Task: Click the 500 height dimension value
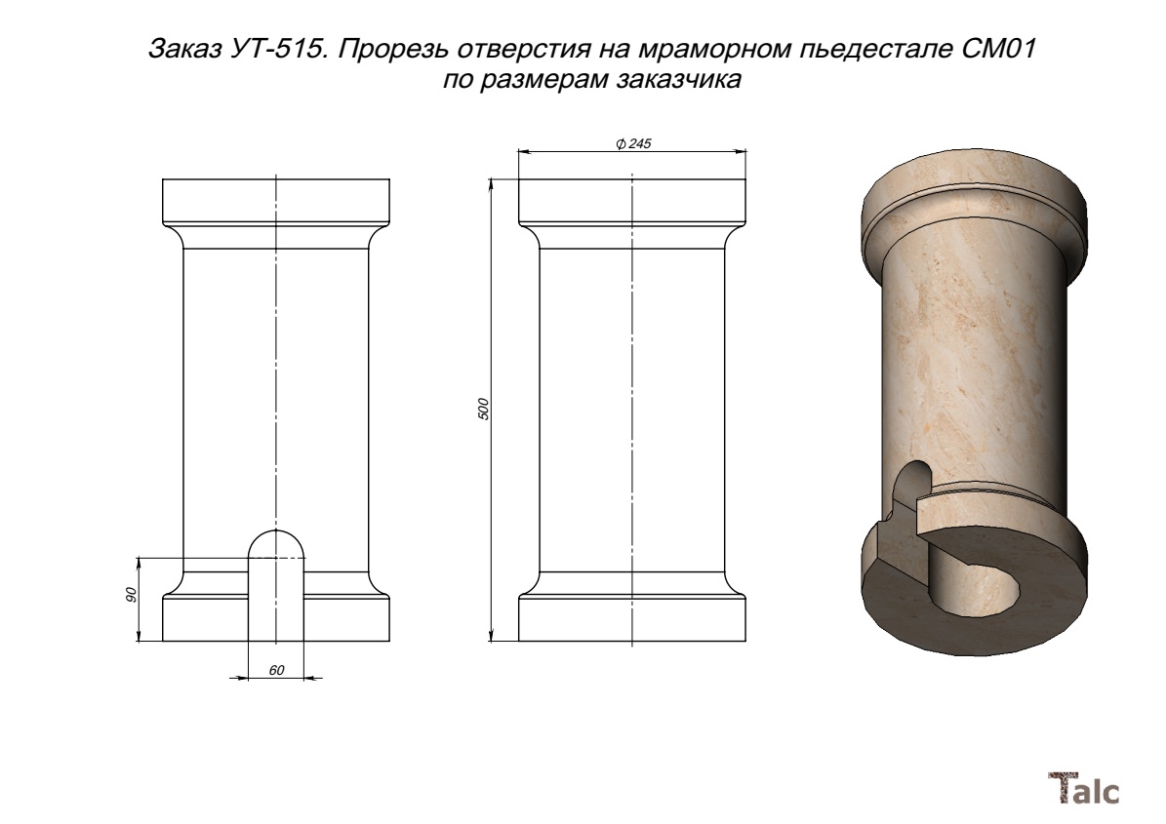pos(483,410)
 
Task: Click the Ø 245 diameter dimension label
pos(633,143)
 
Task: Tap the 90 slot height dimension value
pos(132,595)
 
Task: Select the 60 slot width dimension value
pos(276,670)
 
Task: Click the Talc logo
pos(1083,788)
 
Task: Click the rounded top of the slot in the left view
pos(276,541)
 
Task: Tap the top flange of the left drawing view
pos(276,202)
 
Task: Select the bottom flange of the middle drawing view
pos(632,617)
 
